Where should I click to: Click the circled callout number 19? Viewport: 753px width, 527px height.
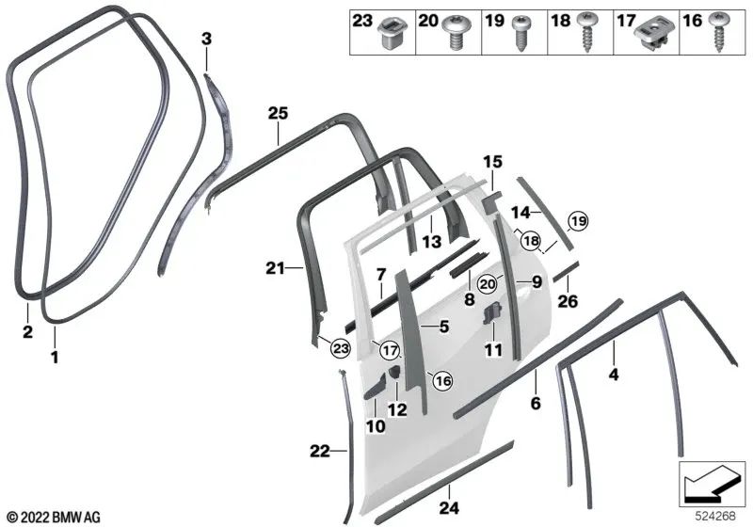[x=578, y=221]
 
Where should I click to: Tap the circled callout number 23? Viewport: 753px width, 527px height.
[x=341, y=348]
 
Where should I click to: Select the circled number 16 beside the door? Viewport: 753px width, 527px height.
[x=442, y=381]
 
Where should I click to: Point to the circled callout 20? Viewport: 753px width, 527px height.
[x=488, y=284]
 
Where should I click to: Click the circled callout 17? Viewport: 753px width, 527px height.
[x=390, y=350]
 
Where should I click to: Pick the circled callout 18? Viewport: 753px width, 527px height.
[x=531, y=241]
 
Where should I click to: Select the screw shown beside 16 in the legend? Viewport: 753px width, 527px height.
[x=719, y=31]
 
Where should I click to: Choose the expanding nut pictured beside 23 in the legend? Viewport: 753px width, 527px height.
[x=392, y=33]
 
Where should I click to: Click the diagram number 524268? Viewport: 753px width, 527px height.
[x=715, y=517]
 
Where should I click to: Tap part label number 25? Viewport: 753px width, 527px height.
[x=278, y=114]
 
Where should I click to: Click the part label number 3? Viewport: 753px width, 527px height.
[x=206, y=39]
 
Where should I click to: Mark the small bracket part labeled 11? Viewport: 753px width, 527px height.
[x=491, y=315]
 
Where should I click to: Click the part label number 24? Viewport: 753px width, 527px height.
[x=450, y=507]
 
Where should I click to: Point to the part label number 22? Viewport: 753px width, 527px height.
[x=320, y=451]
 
